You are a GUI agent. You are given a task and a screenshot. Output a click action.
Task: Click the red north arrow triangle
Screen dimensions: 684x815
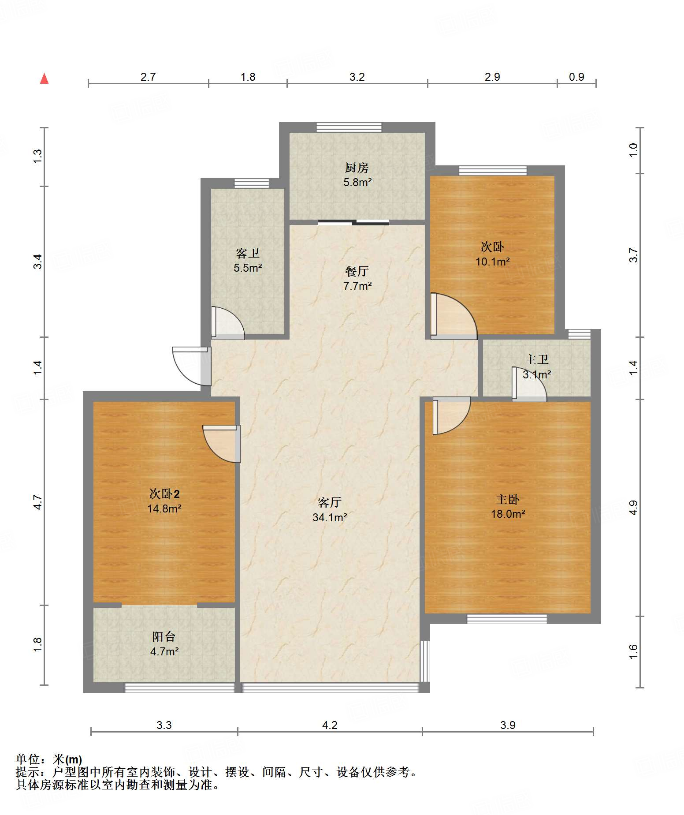coord(44,79)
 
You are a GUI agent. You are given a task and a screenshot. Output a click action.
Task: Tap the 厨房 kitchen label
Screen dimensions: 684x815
coord(357,168)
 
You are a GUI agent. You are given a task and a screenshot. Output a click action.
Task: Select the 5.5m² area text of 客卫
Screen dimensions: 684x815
coord(248,268)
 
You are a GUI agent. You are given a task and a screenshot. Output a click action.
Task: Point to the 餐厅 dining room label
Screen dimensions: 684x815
coord(357,271)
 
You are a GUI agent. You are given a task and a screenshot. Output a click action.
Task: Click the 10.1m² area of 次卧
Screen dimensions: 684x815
coord(492,262)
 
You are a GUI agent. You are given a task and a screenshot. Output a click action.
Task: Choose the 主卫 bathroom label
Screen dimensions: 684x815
coord(536,359)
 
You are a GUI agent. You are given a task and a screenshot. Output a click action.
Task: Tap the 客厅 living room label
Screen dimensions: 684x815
coord(330,502)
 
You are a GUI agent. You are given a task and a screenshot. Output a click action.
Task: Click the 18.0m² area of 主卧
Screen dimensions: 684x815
coord(508,514)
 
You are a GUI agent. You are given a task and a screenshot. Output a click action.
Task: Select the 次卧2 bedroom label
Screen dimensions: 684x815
coord(164,494)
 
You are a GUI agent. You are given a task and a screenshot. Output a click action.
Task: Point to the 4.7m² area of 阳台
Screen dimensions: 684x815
coord(164,651)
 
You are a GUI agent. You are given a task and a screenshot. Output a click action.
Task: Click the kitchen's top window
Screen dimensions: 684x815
coord(349,127)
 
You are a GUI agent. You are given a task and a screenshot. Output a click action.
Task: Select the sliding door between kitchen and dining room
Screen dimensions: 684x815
coord(353,222)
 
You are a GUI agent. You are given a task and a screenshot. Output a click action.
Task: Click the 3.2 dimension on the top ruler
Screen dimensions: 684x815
coord(357,77)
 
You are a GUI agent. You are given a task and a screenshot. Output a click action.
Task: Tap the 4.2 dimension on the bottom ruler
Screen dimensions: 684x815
coord(330,725)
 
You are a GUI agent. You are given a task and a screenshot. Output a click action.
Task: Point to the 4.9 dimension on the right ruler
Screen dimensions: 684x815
coord(633,508)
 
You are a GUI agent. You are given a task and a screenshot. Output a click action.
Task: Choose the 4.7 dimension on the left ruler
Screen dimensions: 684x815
coord(38,502)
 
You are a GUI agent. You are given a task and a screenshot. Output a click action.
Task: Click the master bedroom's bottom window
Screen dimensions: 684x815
coord(507,619)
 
